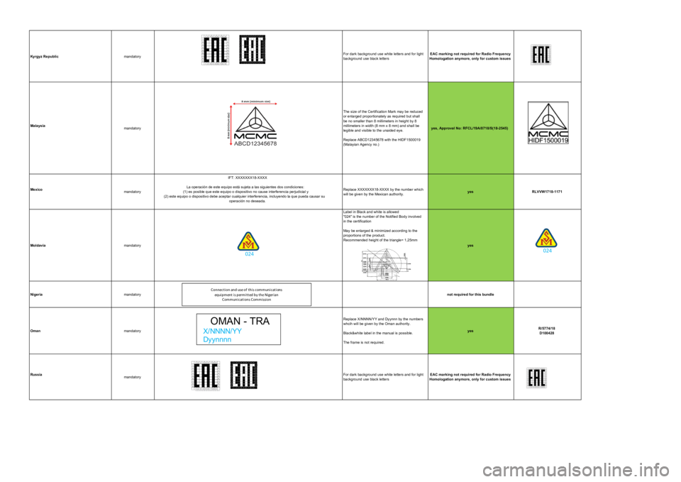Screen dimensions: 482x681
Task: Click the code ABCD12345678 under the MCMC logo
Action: tap(252, 143)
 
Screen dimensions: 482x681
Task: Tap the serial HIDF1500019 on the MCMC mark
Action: tap(548, 141)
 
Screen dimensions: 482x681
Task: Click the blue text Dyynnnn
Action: tap(217, 339)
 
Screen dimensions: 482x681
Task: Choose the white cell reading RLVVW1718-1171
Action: tap(547, 192)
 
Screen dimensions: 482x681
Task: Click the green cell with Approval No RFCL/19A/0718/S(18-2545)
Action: tap(470, 128)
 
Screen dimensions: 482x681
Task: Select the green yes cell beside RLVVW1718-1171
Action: tap(470, 192)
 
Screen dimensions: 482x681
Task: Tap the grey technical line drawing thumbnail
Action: tap(386, 263)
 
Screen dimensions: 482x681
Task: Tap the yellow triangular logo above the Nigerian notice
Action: tap(248, 241)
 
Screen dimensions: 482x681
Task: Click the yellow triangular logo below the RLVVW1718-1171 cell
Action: tap(546, 238)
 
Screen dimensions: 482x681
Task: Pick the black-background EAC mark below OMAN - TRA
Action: tap(244, 375)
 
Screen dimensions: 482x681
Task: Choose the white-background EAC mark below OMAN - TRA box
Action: tap(204, 375)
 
